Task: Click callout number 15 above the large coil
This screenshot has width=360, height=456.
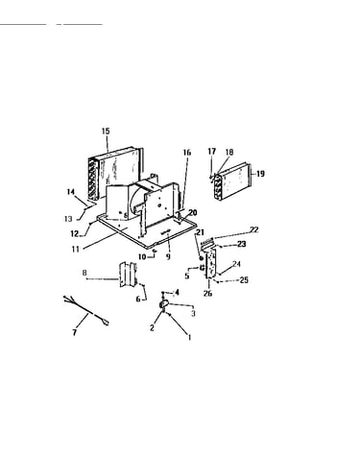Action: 106,131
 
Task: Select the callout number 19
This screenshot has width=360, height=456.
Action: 260,174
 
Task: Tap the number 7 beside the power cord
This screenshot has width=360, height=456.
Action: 75,332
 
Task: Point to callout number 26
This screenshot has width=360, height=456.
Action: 207,293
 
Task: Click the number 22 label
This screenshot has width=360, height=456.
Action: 254,229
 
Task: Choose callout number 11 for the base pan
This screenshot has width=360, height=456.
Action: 75,249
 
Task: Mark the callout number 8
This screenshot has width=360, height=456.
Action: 84,273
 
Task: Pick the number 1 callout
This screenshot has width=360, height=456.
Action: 189,337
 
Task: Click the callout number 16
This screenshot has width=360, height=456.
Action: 187,153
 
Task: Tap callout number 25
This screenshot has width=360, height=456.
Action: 244,280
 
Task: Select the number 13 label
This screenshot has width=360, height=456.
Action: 68,219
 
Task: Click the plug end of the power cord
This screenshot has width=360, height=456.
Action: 106,323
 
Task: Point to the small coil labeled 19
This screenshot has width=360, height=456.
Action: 232,182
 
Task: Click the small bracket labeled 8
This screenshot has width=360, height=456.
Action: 128,274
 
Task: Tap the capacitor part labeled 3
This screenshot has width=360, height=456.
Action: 164,304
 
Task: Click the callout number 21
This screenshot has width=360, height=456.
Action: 200,232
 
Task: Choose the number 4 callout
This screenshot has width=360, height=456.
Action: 178,292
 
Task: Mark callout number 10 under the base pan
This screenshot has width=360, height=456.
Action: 142,256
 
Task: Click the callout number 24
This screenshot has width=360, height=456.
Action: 236,264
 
